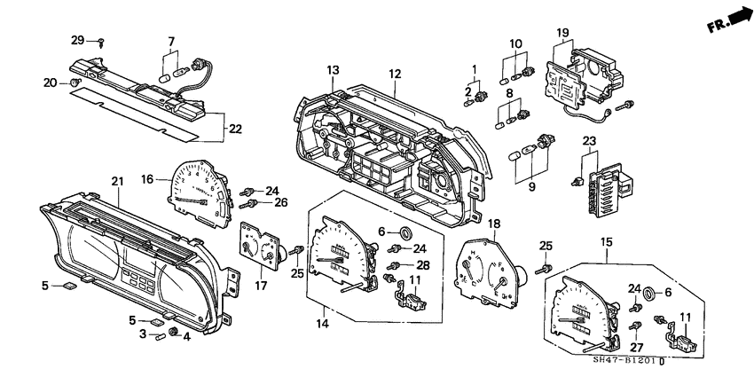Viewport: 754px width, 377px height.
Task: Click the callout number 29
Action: tap(77, 41)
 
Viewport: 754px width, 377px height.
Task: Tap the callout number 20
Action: tap(50, 82)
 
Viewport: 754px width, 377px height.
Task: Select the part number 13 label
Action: tap(333, 70)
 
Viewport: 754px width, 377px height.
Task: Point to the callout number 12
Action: tap(394, 73)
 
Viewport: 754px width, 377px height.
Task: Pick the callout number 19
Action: tap(562, 33)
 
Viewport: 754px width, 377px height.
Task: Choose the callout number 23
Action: tap(588, 139)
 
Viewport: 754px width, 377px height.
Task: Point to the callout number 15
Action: tap(607, 241)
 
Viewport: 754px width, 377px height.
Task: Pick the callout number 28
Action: tap(424, 265)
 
